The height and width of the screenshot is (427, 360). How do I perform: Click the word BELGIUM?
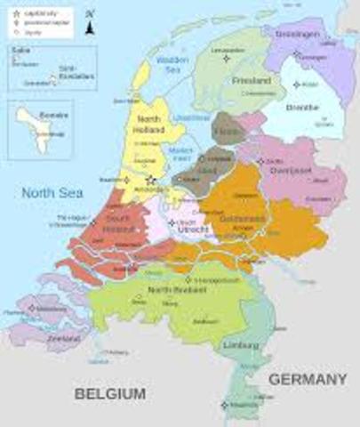click(x=109, y=392)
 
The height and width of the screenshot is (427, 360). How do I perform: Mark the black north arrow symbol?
click(x=90, y=27)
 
